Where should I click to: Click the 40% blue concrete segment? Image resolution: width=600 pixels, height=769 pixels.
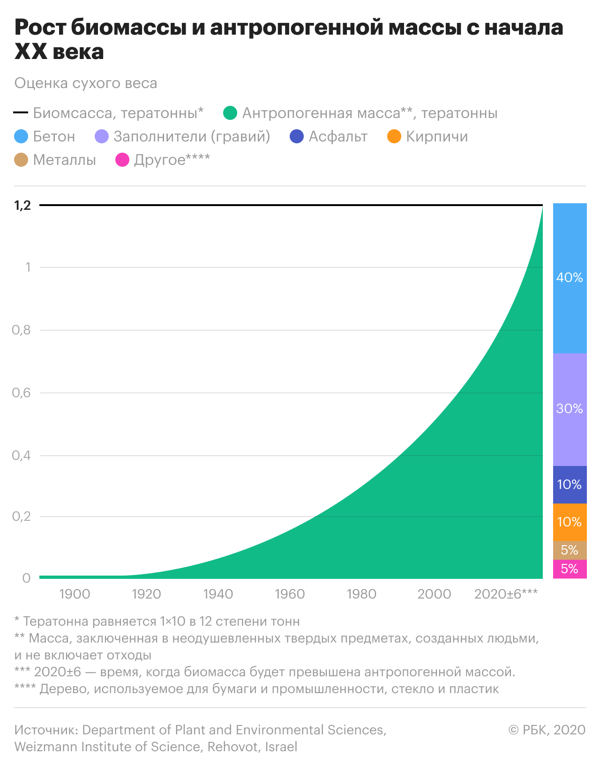[570, 278]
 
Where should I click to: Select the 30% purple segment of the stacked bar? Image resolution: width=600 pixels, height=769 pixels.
[570, 409]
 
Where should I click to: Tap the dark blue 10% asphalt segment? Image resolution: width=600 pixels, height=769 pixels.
[570, 484]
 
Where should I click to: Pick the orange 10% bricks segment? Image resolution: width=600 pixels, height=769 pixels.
[570, 522]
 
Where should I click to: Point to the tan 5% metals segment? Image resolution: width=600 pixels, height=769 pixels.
[570, 550]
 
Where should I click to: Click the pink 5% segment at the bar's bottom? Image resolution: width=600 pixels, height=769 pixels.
[570, 569]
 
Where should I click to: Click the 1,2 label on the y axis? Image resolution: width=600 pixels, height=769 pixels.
[22, 205]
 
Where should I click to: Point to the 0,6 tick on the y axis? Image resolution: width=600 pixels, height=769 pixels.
[22, 392]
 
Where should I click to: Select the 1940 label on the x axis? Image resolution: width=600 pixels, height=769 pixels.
[218, 594]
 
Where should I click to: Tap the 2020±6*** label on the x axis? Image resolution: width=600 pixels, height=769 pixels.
[506, 594]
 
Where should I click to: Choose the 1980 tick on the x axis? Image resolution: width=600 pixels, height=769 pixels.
[361, 594]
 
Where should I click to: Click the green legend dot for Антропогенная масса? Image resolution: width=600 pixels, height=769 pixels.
[230, 113]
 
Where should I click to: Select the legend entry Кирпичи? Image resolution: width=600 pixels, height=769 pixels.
[437, 136]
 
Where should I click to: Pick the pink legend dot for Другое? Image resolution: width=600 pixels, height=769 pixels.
[122, 160]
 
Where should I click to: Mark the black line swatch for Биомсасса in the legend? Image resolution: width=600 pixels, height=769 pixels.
[21, 113]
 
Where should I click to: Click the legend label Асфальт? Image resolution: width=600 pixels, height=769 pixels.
[338, 136]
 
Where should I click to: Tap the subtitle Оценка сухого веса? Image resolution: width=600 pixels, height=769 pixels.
[86, 83]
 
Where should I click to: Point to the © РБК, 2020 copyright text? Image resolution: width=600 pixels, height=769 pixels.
[547, 730]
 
